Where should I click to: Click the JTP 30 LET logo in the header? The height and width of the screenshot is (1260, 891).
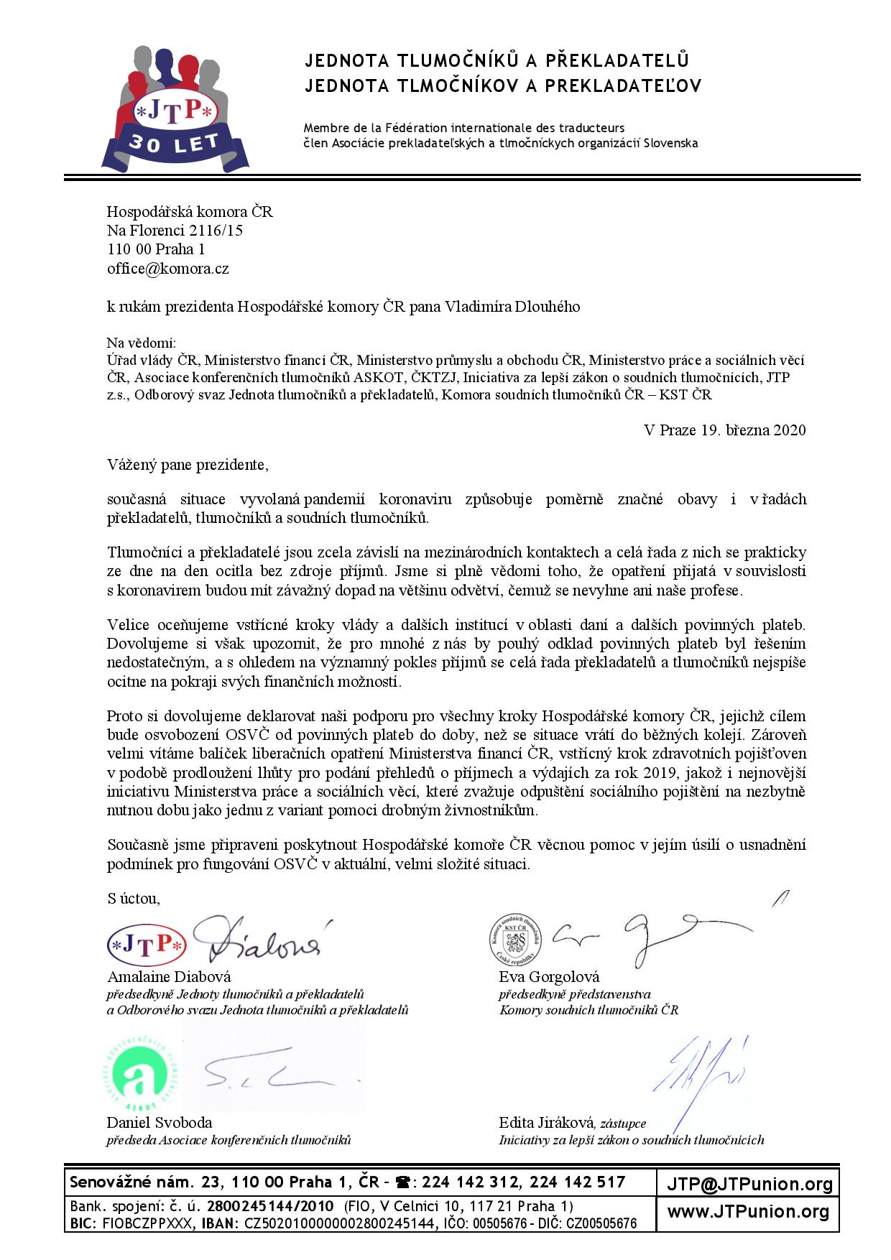[x=175, y=108]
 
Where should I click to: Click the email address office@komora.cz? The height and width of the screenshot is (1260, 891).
[x=167, y=269]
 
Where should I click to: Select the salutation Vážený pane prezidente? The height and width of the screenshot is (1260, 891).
[x=188, y=465]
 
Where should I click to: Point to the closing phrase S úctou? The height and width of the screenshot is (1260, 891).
[x=134, y=899]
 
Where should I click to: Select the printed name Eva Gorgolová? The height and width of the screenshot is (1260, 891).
[x=549, y=977]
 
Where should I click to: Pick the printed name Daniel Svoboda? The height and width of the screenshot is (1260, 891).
[x=160, y=1123]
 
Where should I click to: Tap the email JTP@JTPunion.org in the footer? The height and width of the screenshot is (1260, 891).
[x=749, y=1185]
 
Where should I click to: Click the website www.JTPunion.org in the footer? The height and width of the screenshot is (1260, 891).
[x=748, y=1213]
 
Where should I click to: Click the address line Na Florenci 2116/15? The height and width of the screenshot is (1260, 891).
[x=175, y=231]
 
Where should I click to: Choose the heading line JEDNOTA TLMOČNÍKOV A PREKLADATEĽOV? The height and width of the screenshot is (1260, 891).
[x=503, y=86]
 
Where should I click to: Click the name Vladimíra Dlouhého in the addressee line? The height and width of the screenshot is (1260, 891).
[x=512, y=307]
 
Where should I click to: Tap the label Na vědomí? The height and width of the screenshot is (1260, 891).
[x=142, y=343]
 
